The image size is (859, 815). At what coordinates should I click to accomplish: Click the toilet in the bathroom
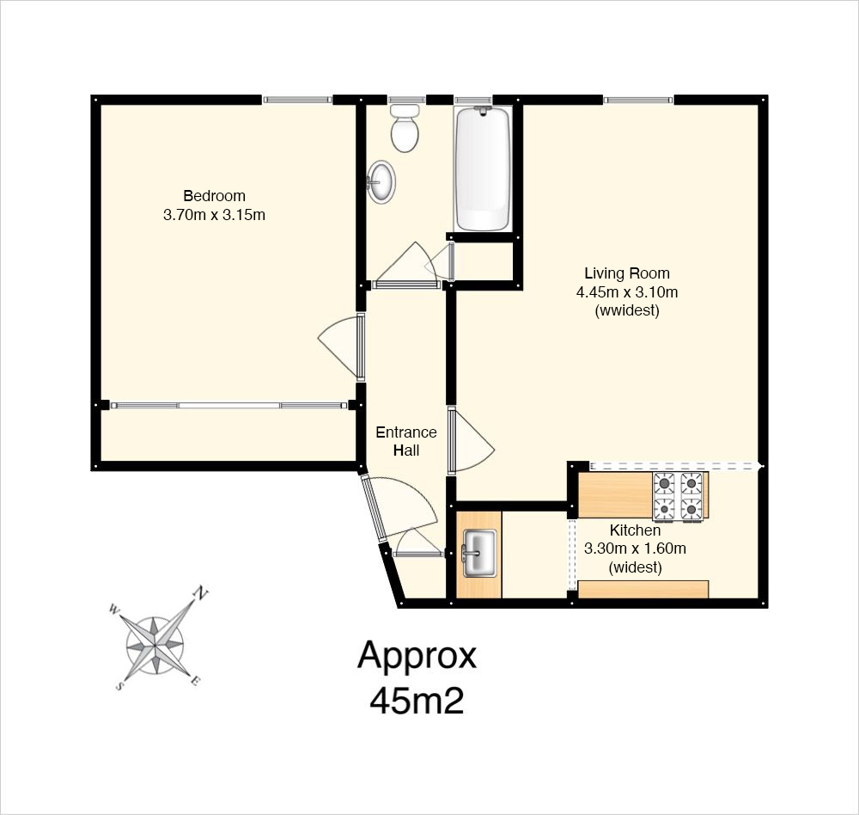pyautogui.click(x=405, y=128)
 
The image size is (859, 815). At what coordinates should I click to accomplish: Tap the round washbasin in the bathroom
pyautogui.click(x=381, y=181)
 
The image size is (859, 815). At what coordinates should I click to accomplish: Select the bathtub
pyautogui.click(x=483, y=169)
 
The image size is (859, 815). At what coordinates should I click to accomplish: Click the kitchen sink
pyautogui.click(x=480, y=553)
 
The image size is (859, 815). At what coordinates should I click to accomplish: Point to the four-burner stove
pyautogui.click(x=678, y=496)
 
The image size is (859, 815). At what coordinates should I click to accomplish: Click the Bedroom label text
pyautogui.click(x=214, y=196)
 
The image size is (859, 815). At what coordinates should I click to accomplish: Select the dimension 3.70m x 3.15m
pyautogui.click(x=214, y=214)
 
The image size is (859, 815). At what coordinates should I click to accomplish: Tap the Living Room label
pyautogui.click(x=627, y=273)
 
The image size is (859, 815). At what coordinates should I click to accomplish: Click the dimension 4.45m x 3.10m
pyautogui.click(x=627, y=291)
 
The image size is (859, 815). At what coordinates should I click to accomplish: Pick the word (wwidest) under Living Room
pyautogui.click(x=627, y=310)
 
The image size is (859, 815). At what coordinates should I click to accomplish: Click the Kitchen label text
pyautogui.click(x=635, y=530)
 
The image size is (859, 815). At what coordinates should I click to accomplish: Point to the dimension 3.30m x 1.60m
pyautogui.click(x=635, y=548)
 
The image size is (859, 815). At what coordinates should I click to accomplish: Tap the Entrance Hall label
pyautogui.click(x=406, y=441)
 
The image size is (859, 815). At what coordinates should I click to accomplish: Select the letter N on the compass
pyautogui.click(x=202, y=593)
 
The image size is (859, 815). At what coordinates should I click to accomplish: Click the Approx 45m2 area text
pyautogui.click(x=417, y=677)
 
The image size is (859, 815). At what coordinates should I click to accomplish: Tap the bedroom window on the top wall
pyautogui.click(x=297, y=100)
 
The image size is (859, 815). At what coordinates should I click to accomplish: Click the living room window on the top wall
pyautogui.click(x=638, y=100)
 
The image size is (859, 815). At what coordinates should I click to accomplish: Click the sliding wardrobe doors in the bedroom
pyautogui.click(x=229, y=405)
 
